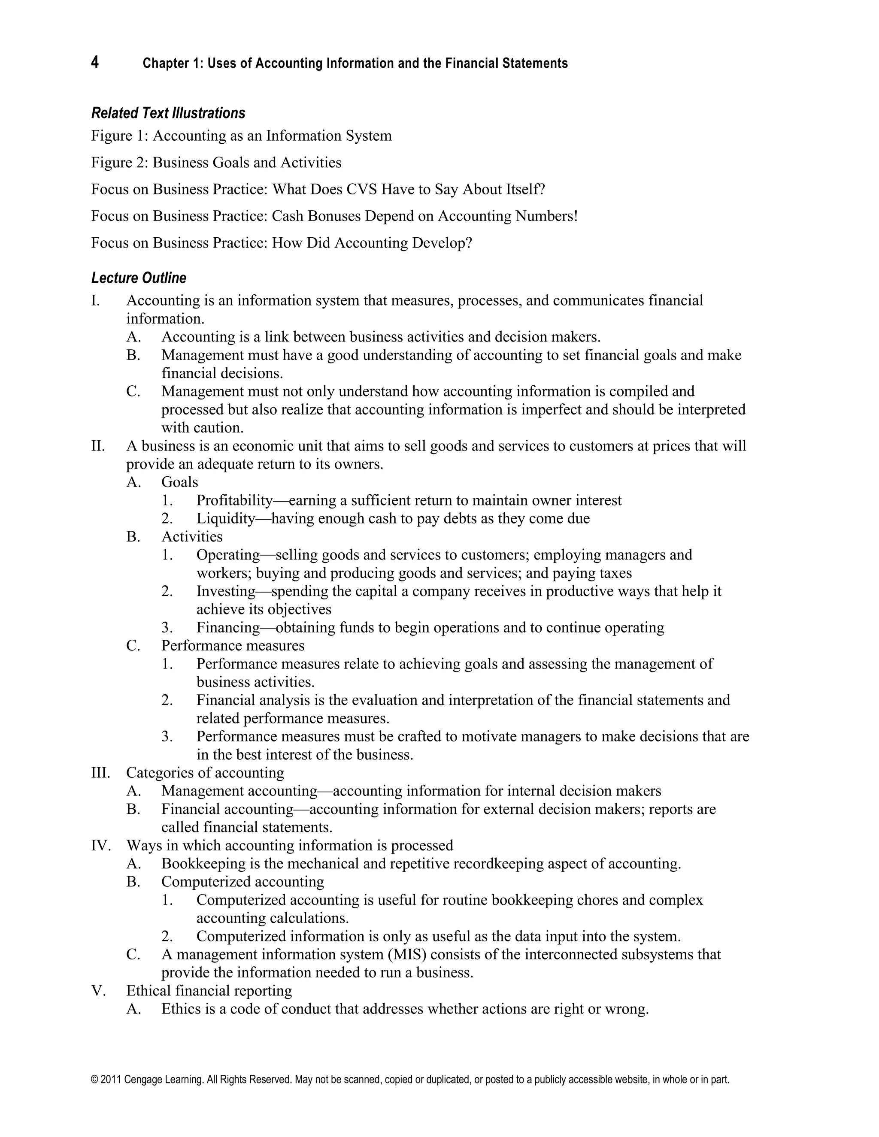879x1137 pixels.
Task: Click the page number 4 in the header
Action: coord(95,63)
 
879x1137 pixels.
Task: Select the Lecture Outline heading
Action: coord(139,278)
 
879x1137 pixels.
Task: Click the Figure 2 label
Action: coord(119,163)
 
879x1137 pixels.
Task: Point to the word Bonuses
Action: coord(334,216)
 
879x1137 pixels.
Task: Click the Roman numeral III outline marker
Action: coord(100,773)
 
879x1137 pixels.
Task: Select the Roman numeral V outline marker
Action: coord(98,991)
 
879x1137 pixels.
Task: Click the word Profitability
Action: coord(234,500)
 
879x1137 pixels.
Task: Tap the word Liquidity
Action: coord(225,519)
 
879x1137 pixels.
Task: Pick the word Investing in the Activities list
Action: coord(226,591)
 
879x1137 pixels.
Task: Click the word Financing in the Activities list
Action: coord(228,627)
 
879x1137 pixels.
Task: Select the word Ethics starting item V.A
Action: coord(181,1009)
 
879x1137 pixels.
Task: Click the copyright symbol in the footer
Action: coord(94,1080)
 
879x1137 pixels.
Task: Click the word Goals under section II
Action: coord(180,482)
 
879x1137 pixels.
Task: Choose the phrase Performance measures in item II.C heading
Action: coord(233,646)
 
